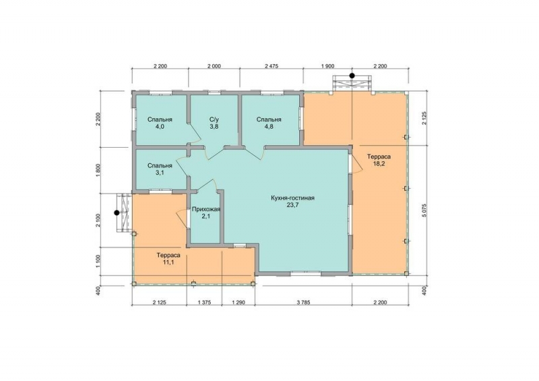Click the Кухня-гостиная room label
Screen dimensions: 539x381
[292, 198]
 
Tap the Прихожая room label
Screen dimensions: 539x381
[205, 209]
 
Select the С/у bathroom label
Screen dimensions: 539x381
[214, 119]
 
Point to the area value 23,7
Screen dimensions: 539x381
[292, 206]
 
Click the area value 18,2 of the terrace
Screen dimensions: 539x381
[379, 164]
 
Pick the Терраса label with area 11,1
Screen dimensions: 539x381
[168, 256]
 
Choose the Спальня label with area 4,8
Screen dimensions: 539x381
[269, 119]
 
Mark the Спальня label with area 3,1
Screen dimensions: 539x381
[160, 165]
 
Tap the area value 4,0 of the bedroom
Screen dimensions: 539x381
[160, 127]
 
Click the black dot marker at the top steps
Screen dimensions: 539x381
[352, 76]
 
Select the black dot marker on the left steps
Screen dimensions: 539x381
[117, 212]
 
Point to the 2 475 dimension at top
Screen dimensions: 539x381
[272, 66]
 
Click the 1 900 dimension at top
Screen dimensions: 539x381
[327, 66]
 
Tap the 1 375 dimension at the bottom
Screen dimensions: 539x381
[204, 303]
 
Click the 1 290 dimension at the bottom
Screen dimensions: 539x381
[239, 303]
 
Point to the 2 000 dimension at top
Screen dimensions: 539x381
[214, 66]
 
